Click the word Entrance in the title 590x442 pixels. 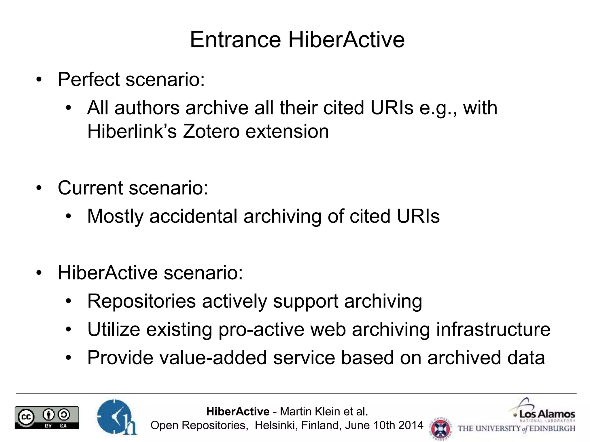click(235, 40)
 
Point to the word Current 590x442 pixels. click(90, 188)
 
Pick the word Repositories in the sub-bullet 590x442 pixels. click(141, 301)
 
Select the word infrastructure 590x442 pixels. click(493, 329)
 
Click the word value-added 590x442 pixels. click(213, 358)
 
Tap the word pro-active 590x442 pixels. click(261, 329)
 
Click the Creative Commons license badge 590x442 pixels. click(47, 418)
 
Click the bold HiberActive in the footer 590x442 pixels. click(238, 412)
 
